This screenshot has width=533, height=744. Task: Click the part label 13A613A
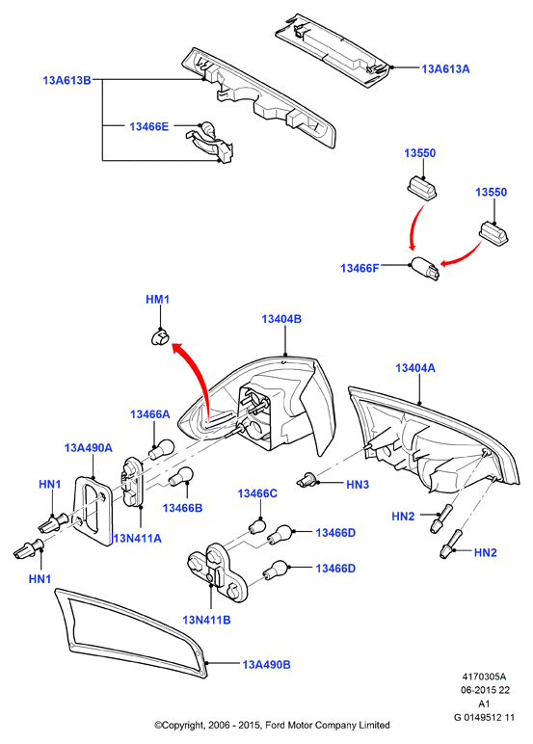(445, 69)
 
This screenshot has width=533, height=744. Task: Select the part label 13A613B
(67, 80)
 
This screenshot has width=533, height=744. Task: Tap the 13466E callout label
(149, 126)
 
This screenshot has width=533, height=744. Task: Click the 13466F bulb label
(360, 268)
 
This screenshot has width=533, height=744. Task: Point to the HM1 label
(157, 300)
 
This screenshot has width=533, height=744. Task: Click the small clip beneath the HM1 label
(159, 338)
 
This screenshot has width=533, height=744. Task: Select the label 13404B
(281, 319)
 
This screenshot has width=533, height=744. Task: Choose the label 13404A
(415, 368)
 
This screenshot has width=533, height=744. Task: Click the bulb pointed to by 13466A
(162, 448)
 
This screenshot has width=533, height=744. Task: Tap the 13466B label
(182, 508)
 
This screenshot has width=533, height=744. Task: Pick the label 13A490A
(89, 447)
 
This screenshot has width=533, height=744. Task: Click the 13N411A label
(138, 538)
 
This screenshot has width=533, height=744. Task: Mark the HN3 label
(358, 485)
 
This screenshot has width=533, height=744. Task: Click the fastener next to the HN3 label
(307, 480)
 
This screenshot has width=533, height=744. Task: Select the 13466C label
(257, 493)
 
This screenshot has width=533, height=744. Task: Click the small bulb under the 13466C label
(257, 526)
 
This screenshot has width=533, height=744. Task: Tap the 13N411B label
(206, 620)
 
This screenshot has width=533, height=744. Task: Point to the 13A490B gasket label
(266, 664)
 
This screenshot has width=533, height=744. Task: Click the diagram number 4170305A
(484, 677)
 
